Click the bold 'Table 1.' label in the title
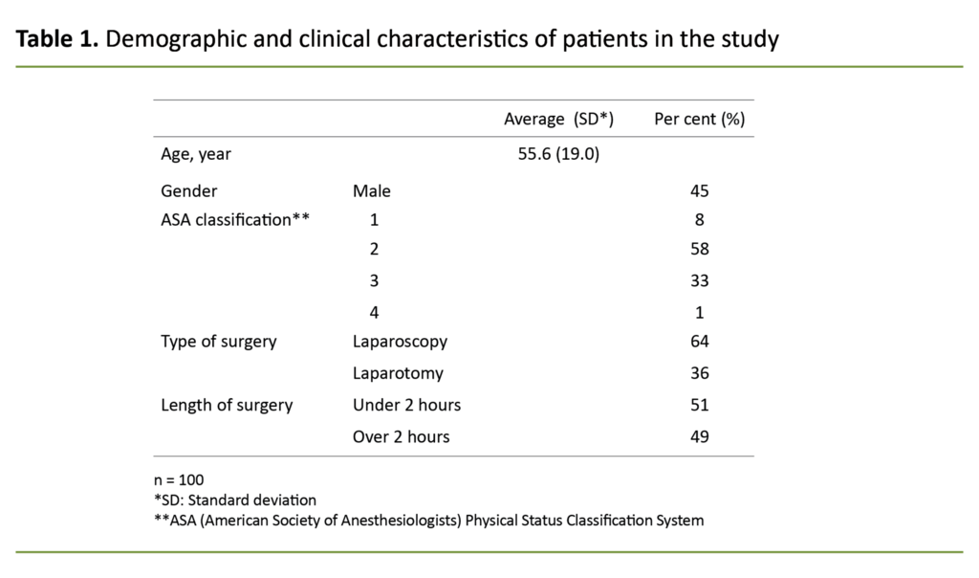[56, 40]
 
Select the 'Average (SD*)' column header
[558, 120]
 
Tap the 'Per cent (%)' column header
[699, 120]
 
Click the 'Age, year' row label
[196, 153]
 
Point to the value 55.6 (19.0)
[558, 153]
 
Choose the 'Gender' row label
[189, 190]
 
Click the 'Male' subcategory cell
[372, 190]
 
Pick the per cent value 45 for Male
[699, 190]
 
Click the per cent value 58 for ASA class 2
[699, 249]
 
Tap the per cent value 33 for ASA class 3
[699, 281]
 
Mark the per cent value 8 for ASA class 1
[699, 219]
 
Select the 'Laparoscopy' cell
[400, 341]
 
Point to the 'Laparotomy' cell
[398, 373]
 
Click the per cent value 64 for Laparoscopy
[699, 341]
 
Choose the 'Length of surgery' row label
[227, 405]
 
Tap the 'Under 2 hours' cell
[406, 405]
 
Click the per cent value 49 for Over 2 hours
[699, 436]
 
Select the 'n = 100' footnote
[179, 479]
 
